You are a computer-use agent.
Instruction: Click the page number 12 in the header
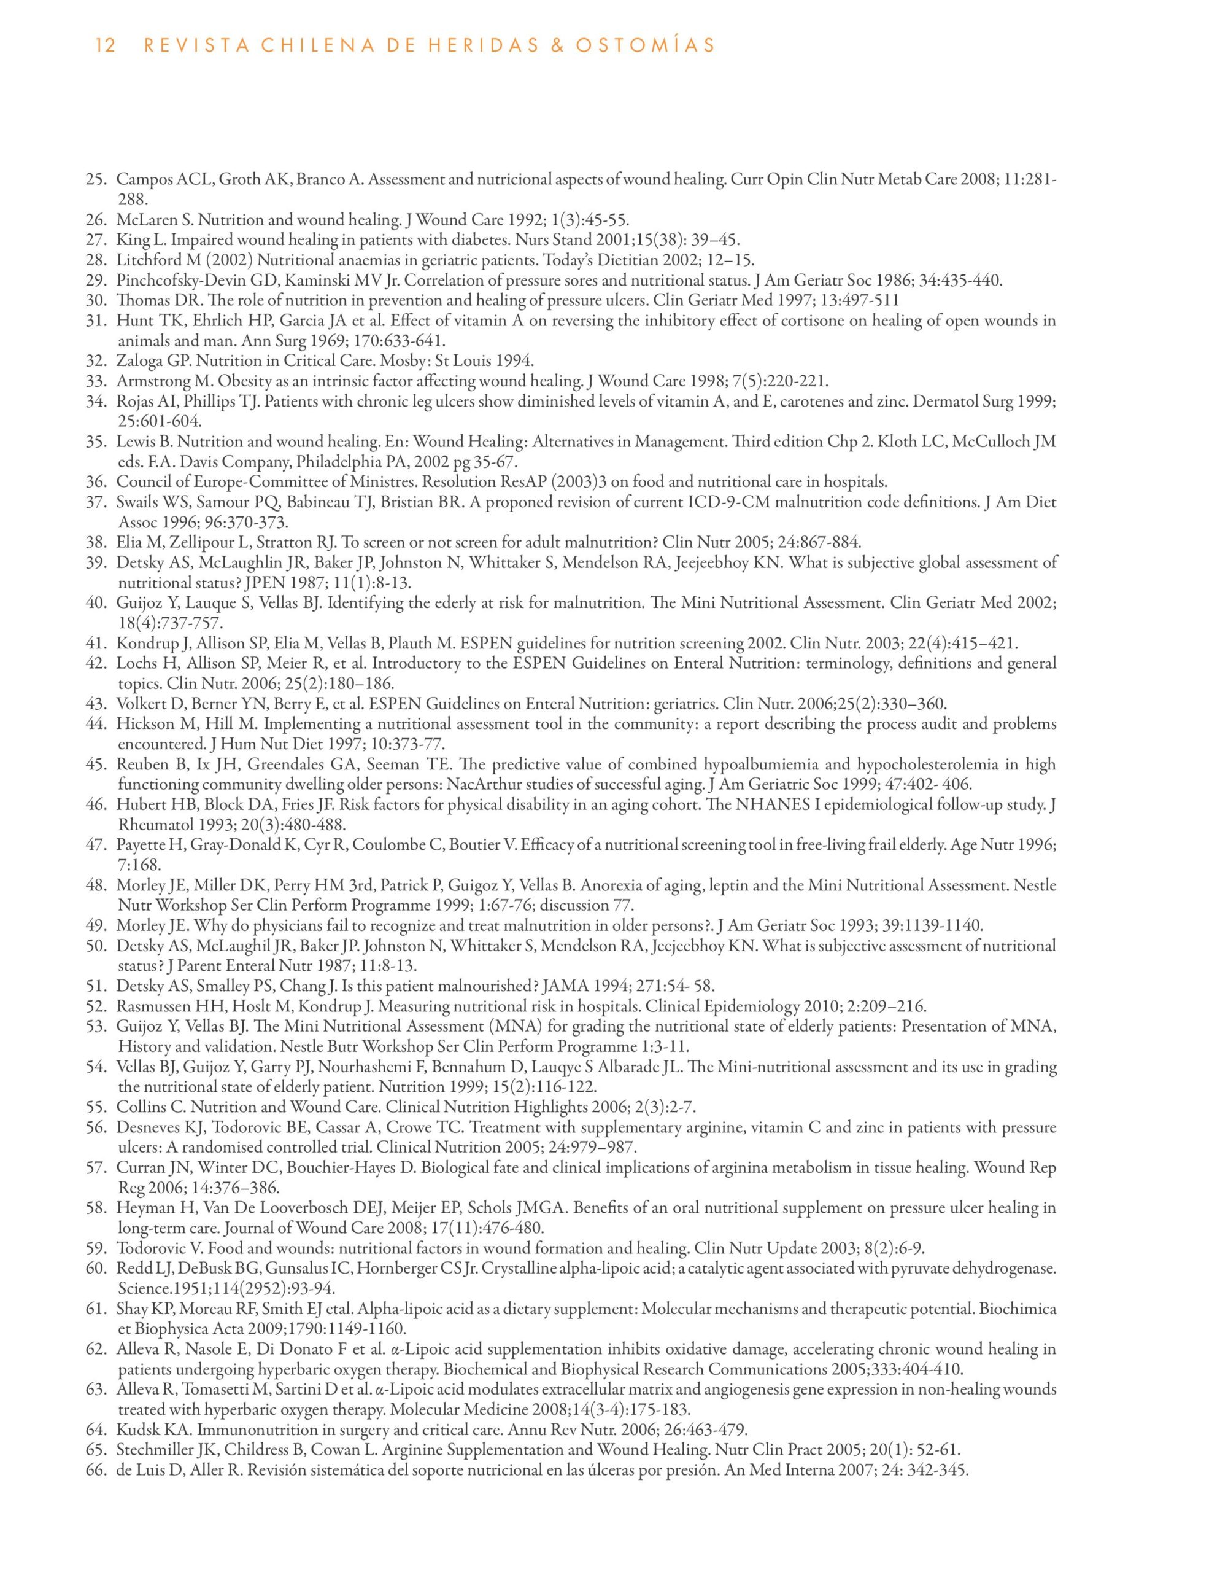pyautogui.click(x=105, y=46)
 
